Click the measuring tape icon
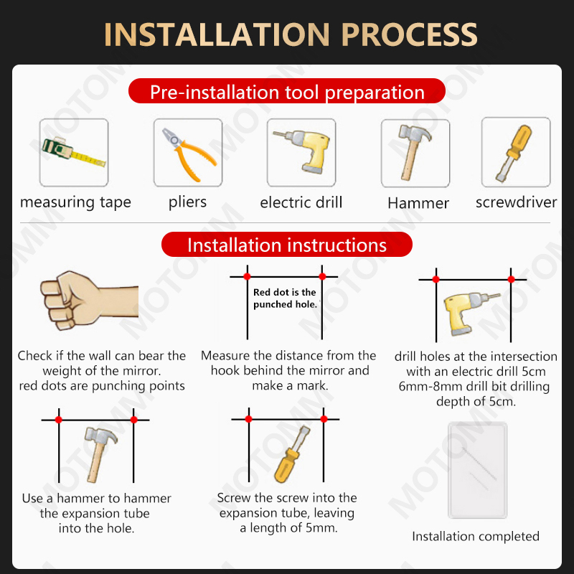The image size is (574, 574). [74, 153]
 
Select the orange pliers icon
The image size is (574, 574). [188, 154]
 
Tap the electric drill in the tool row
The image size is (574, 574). [303, 151]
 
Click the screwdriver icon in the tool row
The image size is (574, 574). [514, 153]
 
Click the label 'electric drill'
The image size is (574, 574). [301, 202]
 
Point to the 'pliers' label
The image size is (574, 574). [187, 202]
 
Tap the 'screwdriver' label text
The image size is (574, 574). [516, 202]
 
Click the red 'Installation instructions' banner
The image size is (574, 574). [287, 245]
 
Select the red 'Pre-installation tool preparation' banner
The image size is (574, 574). [287, 91]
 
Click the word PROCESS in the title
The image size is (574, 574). [409, 34]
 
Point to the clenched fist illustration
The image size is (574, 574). [89, 300]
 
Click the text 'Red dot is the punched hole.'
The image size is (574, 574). [285, 298]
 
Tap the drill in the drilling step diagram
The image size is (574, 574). [471, 314]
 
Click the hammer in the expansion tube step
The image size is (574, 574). [99, 454]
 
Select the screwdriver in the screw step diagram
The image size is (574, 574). [292, 454]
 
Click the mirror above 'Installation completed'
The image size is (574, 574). [478, 470]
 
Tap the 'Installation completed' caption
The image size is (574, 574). [476, 536]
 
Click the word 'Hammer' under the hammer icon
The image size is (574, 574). [418, 203]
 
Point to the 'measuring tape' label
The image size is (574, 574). [75, 202]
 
